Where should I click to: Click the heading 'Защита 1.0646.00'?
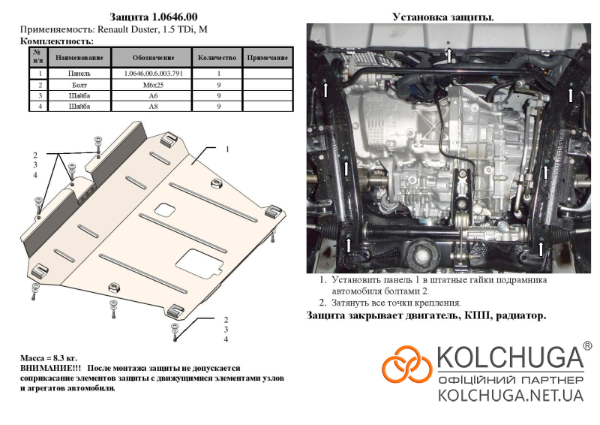(154, 17)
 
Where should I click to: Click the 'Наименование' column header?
(79, 58)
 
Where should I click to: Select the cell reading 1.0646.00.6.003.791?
(153, 73)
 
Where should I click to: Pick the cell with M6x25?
(153, 85)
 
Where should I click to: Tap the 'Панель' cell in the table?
(79, 73)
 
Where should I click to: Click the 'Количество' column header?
(217, 58)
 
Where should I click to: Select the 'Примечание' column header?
(268, 58)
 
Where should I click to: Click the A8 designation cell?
(153, 106)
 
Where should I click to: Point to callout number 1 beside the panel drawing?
(227, 149)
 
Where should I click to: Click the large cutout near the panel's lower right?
(199, 264)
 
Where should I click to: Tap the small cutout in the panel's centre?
(165, 209)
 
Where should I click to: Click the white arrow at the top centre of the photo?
(449, 55)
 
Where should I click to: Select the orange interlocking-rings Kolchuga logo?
(406, 363)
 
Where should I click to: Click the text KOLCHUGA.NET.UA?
(511, 395)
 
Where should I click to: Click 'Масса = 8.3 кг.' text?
(49, 358)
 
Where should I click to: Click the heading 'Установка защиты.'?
(443, 17)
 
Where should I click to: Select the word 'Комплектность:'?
(57, 41)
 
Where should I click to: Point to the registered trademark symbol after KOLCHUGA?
(587, 346)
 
